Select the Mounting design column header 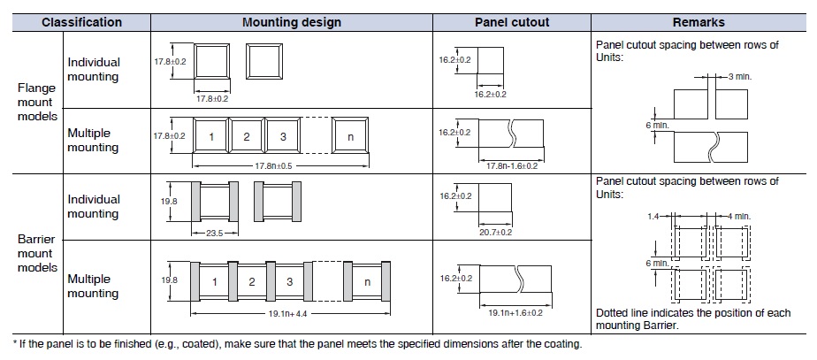(x=292, y=22)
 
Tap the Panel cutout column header (x=513, y=22)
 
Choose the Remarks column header (x=698, y=22)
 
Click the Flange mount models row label (x=36, y=102)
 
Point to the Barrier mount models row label (x=36, y=253)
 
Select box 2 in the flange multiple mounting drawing (x=248, y=137)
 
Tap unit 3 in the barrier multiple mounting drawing (x=289, y=283)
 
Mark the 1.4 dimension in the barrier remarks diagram (x=653, y=214)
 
